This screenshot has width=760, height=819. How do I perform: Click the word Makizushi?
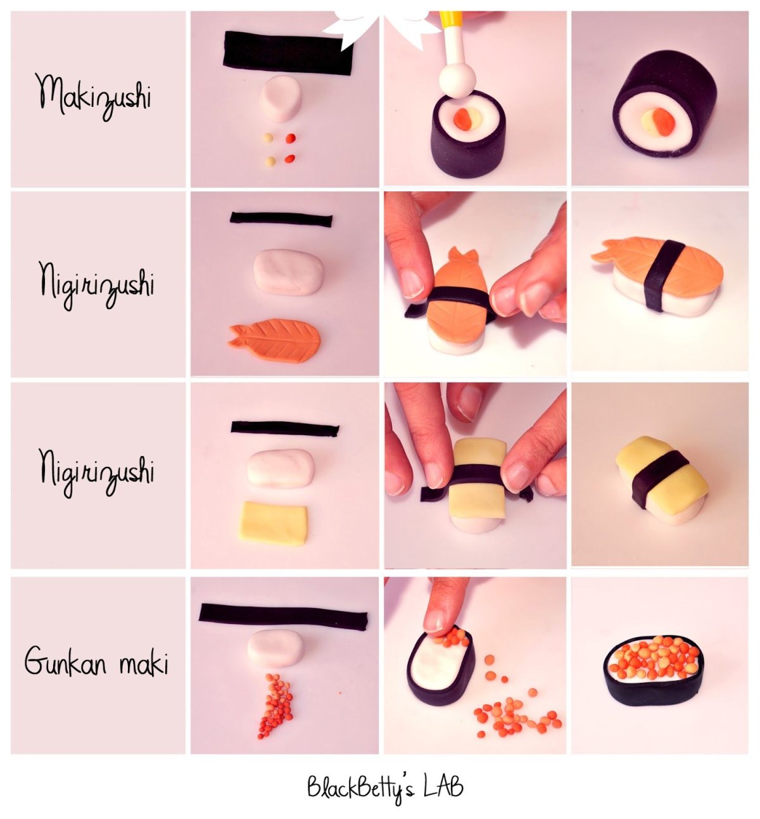[93, 98]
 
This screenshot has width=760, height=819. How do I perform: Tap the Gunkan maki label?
[96, 660]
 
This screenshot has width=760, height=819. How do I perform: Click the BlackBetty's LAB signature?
[384, 787]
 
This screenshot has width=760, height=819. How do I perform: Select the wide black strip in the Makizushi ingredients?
[288, 53]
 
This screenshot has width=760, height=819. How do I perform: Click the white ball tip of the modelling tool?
[457, 80]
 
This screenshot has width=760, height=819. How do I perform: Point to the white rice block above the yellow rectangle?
[281, 467]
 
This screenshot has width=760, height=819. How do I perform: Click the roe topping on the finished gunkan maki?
[654, 659]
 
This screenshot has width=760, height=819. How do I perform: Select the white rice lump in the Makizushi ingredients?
[281, 98]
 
